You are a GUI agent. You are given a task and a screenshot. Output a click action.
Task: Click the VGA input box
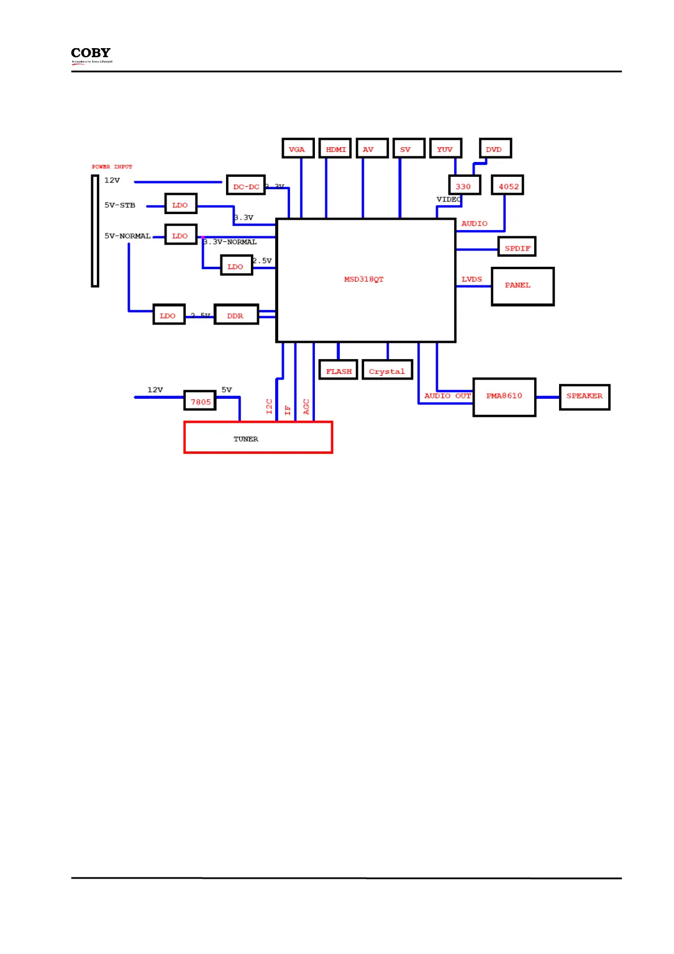[298, 148]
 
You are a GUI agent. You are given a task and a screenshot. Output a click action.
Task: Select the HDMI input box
[335, 148]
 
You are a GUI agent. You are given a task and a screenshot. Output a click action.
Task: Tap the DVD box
[495, 148]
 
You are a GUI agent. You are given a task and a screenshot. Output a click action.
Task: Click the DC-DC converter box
[246, 185]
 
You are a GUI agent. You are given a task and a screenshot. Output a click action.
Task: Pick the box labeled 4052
[507, 185]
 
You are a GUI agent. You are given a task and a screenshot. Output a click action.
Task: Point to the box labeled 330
[464, 185]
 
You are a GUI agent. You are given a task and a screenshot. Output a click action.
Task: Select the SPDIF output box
[517, 247]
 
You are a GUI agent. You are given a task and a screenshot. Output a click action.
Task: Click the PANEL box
[522, 286]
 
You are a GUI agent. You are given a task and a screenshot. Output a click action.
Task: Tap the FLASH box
[338, 370]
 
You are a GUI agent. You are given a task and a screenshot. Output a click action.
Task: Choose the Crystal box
[387, 370]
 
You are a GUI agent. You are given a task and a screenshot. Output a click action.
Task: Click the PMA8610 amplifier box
[504, 397]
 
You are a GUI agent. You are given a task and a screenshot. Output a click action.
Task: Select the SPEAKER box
[584, 397]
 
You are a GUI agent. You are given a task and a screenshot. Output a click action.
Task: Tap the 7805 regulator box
[201, 401]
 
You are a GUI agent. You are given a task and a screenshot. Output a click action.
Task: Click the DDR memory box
[236, 315]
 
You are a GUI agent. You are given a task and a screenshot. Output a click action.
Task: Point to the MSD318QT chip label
[364, 279]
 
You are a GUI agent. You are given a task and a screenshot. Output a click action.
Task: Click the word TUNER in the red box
[246, 439]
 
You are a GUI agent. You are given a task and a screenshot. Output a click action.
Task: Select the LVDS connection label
[471, 279]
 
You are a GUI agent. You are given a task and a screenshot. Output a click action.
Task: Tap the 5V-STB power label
[120, 205]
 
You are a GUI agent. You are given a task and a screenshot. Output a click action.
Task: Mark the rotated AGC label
[306, 406]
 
